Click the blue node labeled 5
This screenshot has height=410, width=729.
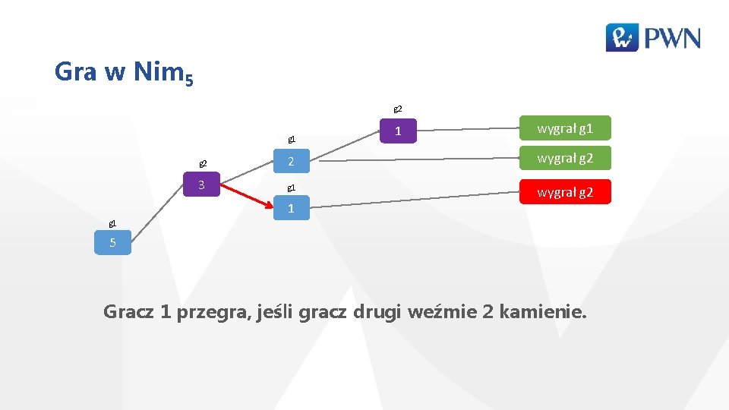(x=113, y=244)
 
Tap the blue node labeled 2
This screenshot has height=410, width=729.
(x=291, y=162)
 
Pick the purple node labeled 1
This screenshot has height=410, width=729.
(x=398, y=131)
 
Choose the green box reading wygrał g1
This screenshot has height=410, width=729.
(x=564, y=128)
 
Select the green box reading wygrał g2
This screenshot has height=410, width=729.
(x=564, y=158)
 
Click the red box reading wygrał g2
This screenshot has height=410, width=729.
(x=564, y=193)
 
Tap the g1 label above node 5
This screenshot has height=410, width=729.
(x=112, y=224)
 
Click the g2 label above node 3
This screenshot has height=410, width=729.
(x=203, y=163)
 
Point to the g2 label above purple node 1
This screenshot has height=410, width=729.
(x=397, y=109)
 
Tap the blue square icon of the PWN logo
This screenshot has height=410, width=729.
(x=622, y=37)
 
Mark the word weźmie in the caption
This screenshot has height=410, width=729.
(x=438, y=311)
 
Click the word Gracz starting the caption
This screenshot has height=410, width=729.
(x=128, y=311)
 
